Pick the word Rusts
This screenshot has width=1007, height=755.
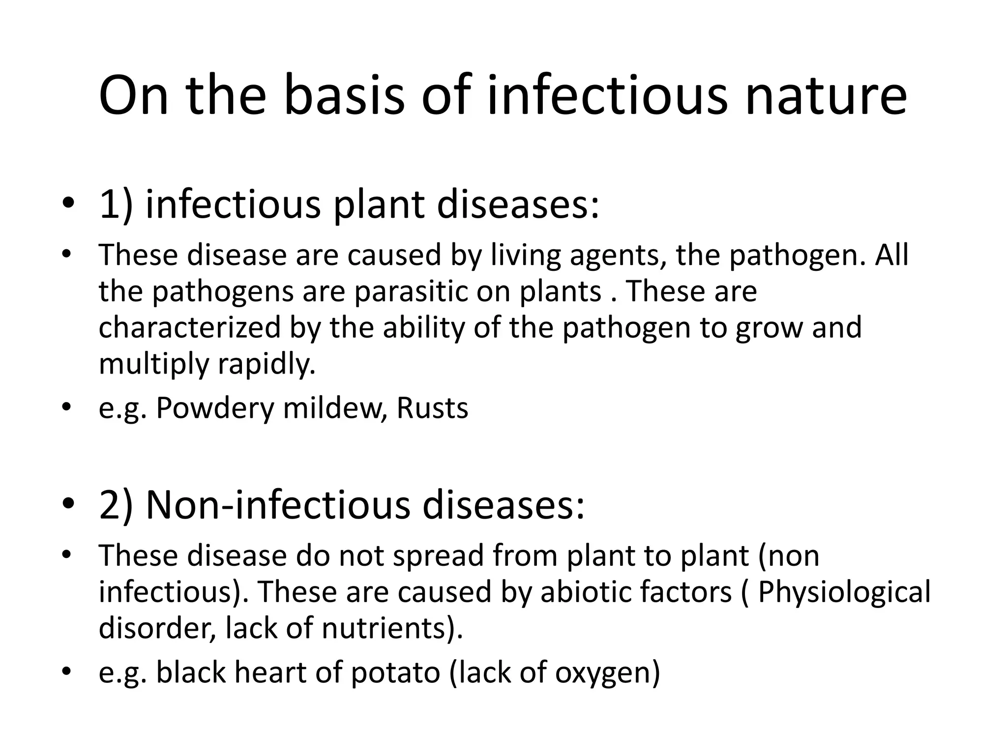(x=432, y=408)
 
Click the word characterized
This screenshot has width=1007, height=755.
(x=189, y=327)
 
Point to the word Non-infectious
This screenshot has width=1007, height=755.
(x=278, y=505)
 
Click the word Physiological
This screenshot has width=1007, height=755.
(x=844, y=591)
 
